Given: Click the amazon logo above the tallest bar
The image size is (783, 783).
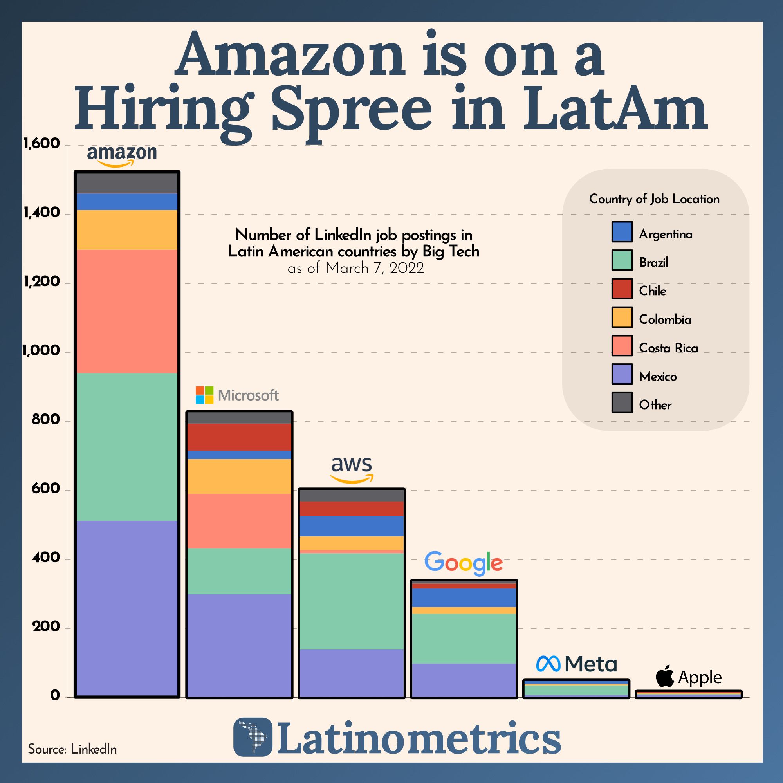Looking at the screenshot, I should point(122,156).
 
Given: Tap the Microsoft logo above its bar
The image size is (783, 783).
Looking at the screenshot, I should point(237,395).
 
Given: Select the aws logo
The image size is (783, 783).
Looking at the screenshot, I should point(352,469).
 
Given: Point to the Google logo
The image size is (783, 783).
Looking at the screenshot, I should point(463,563).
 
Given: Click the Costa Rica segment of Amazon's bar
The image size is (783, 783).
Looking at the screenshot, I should point(127,311).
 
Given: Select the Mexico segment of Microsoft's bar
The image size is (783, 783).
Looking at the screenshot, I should point(239,645).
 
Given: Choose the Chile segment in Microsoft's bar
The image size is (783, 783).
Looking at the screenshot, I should point(239,437).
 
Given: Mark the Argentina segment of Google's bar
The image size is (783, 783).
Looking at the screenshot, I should point(464,597).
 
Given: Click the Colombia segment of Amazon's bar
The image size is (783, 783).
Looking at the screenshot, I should point(127,229).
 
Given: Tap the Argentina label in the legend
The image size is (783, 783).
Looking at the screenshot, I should point(665,234).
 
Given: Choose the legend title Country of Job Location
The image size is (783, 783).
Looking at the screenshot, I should point(654,199).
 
